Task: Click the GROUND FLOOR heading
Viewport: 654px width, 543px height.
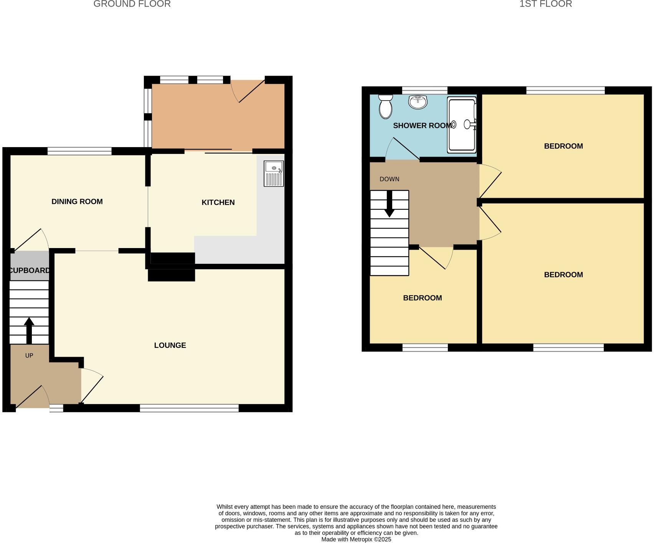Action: tap(132, 4)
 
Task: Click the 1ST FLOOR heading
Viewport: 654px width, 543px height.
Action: tap(545, 4)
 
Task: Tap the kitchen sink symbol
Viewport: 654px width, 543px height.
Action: tap(274, 174)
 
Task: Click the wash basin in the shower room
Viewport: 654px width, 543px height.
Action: tap(418, 102)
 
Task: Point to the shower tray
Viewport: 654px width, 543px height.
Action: tap(462, 124)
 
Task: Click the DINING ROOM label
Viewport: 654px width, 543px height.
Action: tap(77, 202)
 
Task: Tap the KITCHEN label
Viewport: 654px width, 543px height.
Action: tap(218, 202)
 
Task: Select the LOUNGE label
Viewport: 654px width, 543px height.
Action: tap(170, 345)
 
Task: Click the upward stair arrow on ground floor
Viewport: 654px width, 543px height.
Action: tap(29, 330)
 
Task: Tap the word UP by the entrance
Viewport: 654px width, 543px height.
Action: tap(29, 356)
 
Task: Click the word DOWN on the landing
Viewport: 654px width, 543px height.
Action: tap(389, 179)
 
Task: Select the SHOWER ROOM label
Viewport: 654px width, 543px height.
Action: tap(422, 126)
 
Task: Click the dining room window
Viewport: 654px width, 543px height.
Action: tap(79, 151)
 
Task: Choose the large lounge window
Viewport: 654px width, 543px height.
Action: tap(189, 408)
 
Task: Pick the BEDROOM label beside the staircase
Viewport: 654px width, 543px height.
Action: tap(422, 298)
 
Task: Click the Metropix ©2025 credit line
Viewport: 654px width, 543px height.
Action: tap(356, 539)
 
